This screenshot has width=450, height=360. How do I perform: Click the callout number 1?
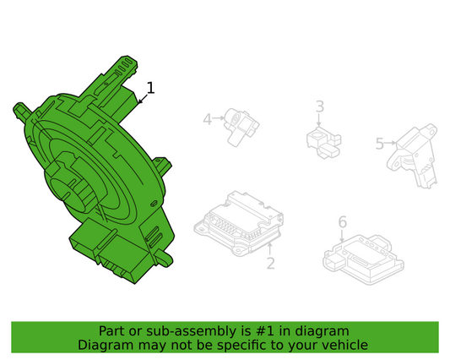click(150, 88)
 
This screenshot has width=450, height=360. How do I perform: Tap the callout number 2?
click(271, 263)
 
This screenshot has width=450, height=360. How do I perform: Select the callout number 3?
click(320, 106)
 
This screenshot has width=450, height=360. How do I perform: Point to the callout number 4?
click(208, 119)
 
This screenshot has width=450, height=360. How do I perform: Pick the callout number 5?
click(380, 144)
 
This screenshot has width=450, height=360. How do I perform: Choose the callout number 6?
click(343, 221)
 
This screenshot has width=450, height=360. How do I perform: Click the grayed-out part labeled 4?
click(241, 127)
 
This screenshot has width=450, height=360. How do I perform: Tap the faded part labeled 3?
click(323, 142)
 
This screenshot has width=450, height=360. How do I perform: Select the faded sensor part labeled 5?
click(412, 156)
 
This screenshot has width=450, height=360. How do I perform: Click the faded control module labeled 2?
click(239, 223)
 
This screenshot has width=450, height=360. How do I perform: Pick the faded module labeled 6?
click(363, 259)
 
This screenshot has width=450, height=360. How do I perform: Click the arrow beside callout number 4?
click(219, 117)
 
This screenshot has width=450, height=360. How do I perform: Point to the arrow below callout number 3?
click(319, 119)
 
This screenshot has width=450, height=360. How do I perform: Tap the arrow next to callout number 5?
click(391, 143)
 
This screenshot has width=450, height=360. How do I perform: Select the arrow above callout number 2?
click(270, 249)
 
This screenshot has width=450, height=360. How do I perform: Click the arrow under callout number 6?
click(342, 236)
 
